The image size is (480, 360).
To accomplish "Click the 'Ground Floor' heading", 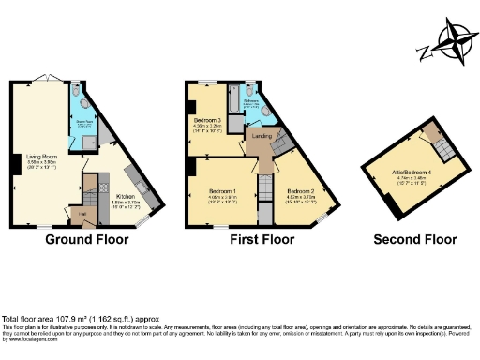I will click(x=87, y=240).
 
